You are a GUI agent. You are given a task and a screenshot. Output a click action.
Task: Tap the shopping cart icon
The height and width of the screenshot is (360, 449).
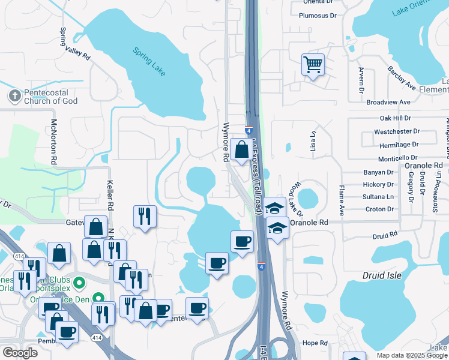click(x=313, y=64)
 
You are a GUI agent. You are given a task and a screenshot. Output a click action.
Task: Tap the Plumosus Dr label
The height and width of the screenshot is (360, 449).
click(x=318, y=16)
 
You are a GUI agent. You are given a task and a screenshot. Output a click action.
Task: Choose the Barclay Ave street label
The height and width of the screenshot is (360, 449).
click(x=402, y=78)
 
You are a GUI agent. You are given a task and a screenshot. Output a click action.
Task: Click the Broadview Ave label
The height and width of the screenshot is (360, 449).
click(x=388, y=103)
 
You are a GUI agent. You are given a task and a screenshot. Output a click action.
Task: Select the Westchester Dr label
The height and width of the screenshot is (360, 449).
click(x=396, y=131)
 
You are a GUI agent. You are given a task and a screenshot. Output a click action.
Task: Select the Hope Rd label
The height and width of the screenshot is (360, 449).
click(x=315, y=343)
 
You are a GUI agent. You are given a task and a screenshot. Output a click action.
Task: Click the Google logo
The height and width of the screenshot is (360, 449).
click(x=20, y=352)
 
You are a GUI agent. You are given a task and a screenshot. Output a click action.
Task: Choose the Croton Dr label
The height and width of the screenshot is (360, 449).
click(x=379, y=209)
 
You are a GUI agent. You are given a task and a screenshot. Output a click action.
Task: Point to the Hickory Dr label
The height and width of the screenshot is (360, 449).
click(x=378, y=185)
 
